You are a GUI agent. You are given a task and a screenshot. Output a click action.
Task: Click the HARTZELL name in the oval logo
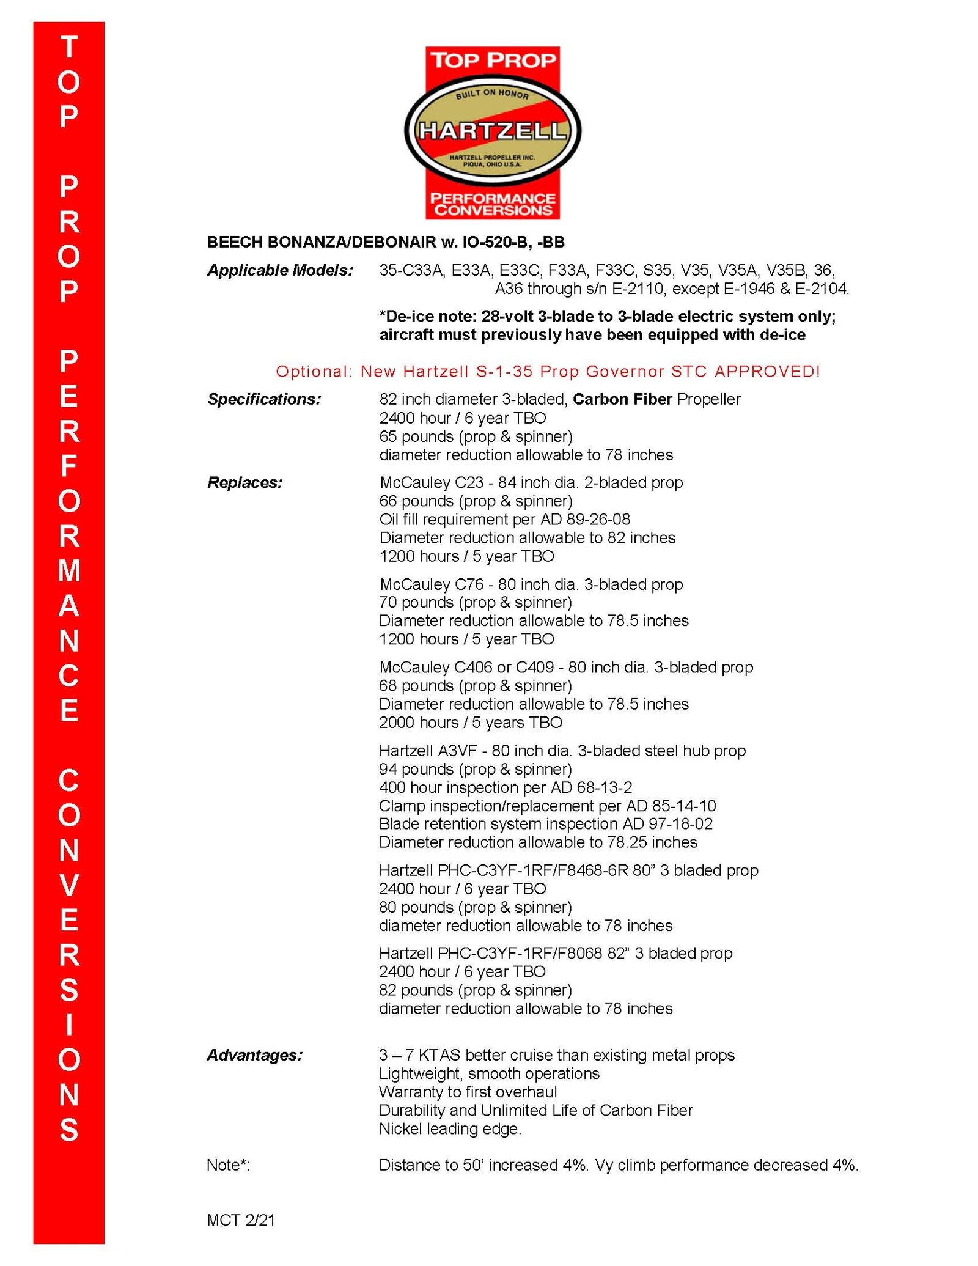tap(492, 131)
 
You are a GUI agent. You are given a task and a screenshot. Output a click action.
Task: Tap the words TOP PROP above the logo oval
tap(493, 60)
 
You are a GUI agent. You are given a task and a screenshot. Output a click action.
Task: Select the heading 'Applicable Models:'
tap(280, 270)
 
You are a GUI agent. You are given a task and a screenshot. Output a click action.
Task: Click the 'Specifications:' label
tap(264, 399)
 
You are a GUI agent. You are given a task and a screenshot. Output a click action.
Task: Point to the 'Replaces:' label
tap(244, 482)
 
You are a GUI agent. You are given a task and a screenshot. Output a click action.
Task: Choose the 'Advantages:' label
tap(254, 1054)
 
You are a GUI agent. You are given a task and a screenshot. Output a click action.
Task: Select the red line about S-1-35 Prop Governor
tap(548, 371)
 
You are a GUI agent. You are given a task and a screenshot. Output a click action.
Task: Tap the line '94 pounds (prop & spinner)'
tap(476, 768)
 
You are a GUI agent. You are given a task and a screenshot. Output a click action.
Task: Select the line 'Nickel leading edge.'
tap(450, 1128)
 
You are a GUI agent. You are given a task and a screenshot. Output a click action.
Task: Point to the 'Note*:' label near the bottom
tap(228, 1165)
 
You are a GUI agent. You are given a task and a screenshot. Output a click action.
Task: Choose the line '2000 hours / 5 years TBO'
tap(470, 722)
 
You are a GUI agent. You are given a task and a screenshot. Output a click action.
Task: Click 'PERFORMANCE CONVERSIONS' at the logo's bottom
tap(493, 204)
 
